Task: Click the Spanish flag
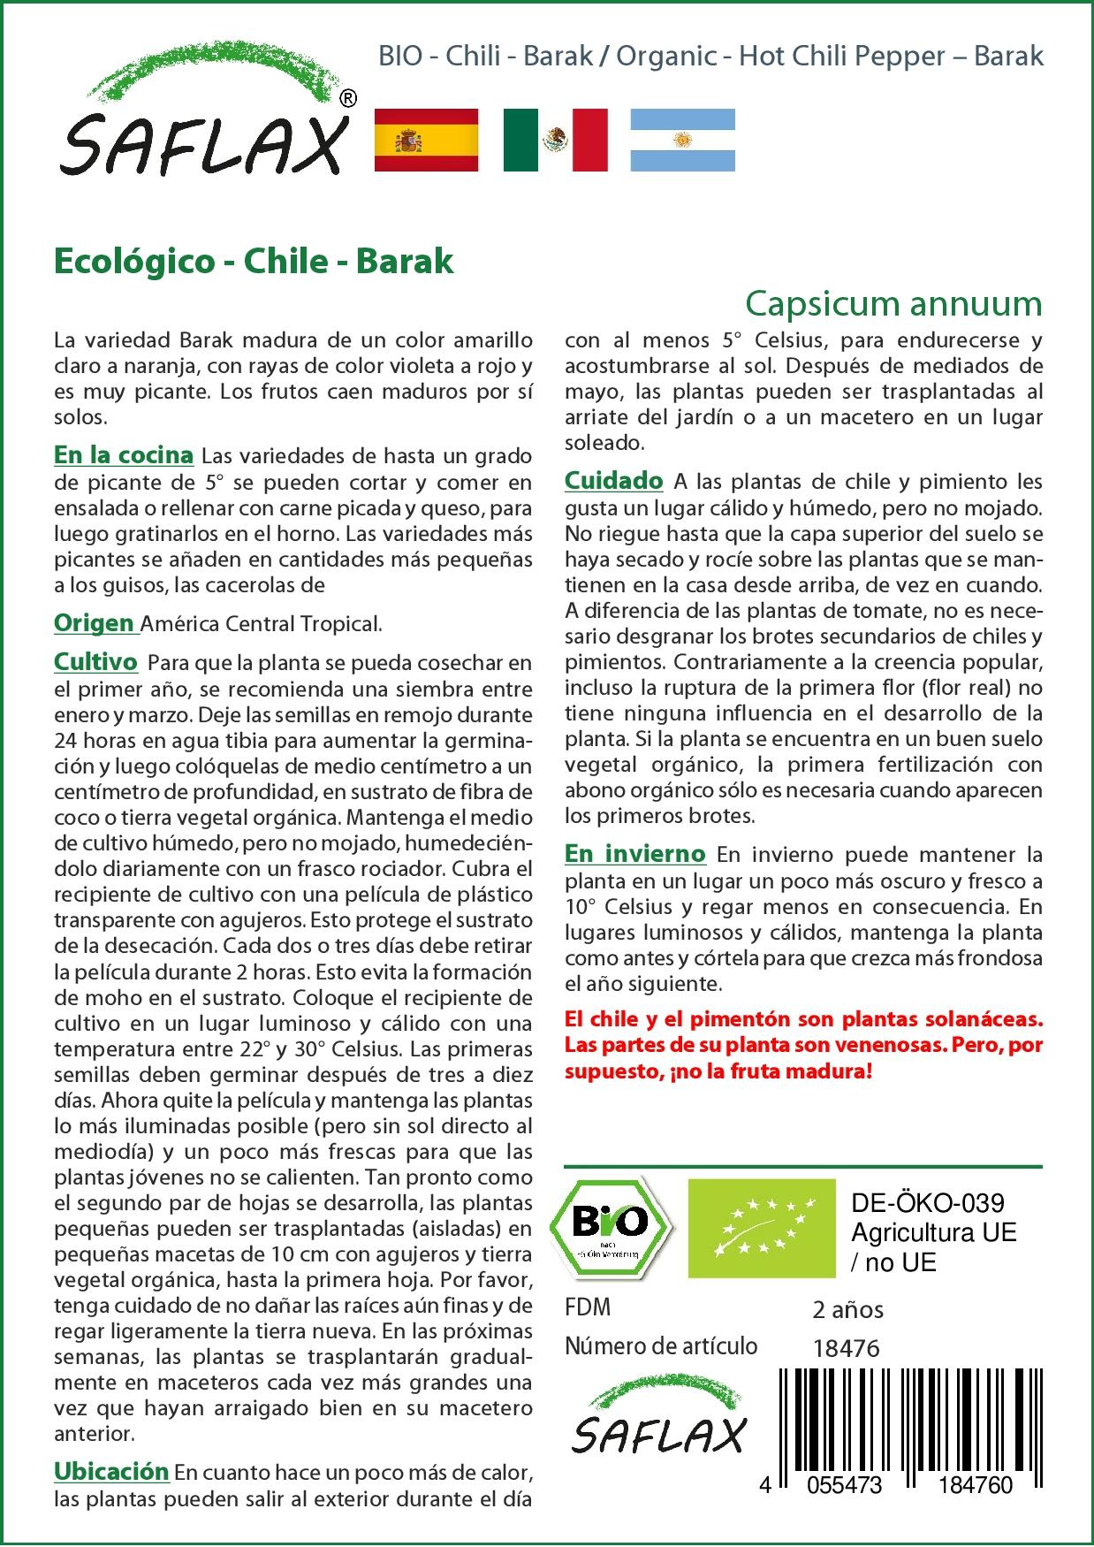pyautogui.click(x=427, y=140)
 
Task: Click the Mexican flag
pyautogui.click(x=556, y=140)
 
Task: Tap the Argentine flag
pyautogui.click(x=682, y=140)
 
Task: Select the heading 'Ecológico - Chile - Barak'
pyautogui.click(x=254, y=261)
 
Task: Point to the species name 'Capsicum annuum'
pyautogui.click(x=893, y=303)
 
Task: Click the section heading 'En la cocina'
pyautogui.click(x=124, y=455)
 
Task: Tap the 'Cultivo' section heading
pyautogui.click(x=95, y=662)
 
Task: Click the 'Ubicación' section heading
pyautogui.click(x=111, y=1471)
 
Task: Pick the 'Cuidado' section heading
pyautogui.click(x=613, y=481)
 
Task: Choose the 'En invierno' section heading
pyautogui.click(x=634, y=854)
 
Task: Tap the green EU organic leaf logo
pyautogui.click(x=762, y=1228)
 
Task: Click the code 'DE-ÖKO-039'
pyautogui.click(x=927, y=1203)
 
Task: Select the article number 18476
pyautogui.click(x=846, y=1348)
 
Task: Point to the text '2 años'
pyautogui.click(x=847, y=1309)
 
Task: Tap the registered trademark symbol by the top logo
pyautogui.click(x=348, y=99)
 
